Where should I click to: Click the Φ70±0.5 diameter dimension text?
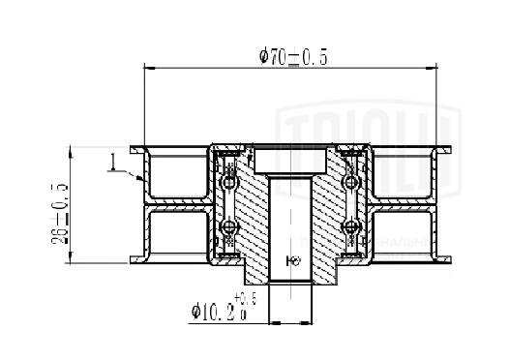[x=293, y=57]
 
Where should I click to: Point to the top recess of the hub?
[x=290, y=155]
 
